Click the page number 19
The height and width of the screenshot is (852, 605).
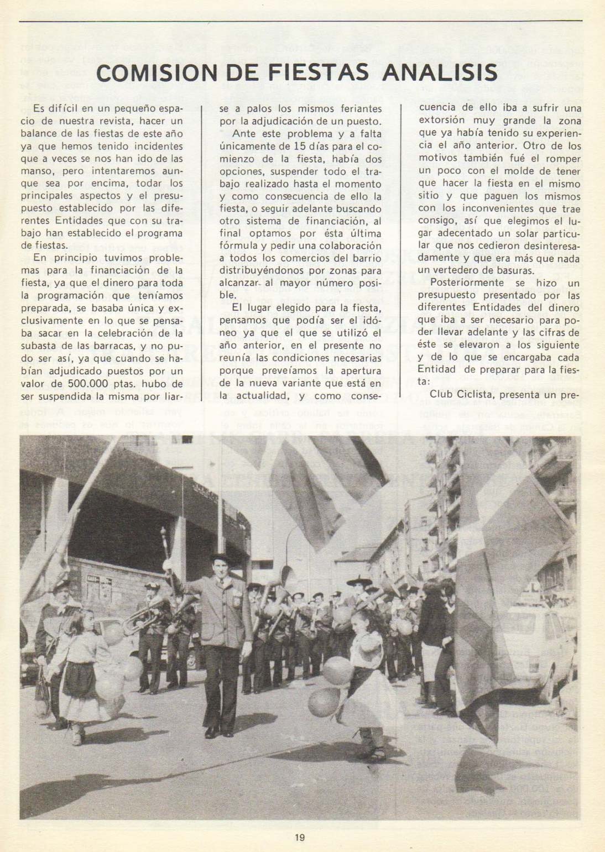point(300,837)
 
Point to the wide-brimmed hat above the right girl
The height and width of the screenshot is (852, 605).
point(359,582)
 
